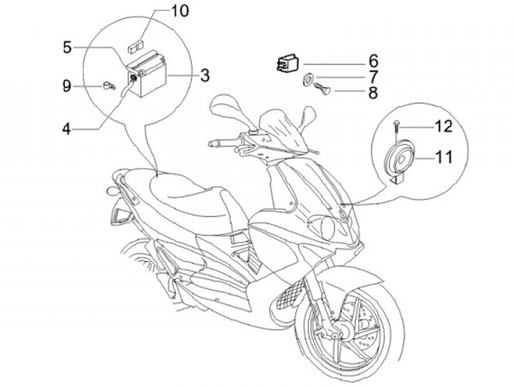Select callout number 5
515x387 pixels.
(67, 47)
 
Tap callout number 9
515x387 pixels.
(67, 86)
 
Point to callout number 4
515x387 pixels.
(67, 129)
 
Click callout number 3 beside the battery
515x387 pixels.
(205, 74)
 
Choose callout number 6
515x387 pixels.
(373, 60)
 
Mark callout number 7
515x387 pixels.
(373, 76)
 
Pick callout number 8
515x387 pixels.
(373, 92)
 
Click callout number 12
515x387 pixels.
(443, 127)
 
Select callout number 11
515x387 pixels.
(443, 156)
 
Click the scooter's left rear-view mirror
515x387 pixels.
(223, 109)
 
